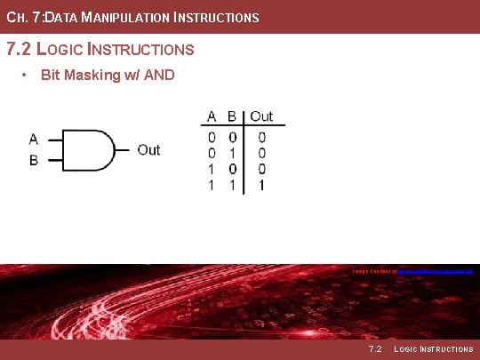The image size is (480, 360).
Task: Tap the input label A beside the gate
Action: tap(34, 139)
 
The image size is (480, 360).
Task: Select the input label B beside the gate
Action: tap(34, 161)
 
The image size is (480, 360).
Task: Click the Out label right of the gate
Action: tap(148, 150)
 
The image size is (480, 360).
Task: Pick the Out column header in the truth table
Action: tap(261, 116)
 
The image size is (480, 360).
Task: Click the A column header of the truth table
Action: tap(212, 116)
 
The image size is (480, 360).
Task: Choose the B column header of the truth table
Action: tap(232, 116)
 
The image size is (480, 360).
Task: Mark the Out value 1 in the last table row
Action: tap(261, 185)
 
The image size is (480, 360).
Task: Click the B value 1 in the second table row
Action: tap(232, 153)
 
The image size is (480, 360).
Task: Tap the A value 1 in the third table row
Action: tap(212, 169)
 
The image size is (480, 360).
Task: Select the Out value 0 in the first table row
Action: tap(261, 137)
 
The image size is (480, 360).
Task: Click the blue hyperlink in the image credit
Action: tap(435, 270)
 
